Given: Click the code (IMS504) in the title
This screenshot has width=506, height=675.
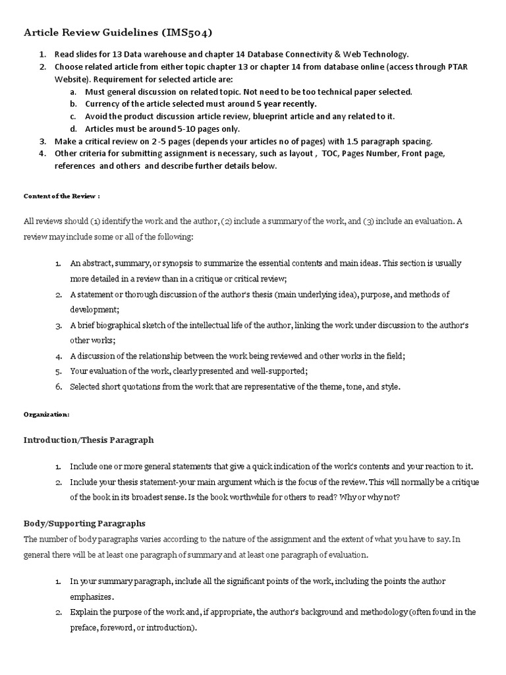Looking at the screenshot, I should tap(186, 32).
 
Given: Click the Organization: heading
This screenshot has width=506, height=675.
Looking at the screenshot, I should tap(46, 415).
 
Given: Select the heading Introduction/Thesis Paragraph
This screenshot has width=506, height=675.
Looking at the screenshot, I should tap(89, 440).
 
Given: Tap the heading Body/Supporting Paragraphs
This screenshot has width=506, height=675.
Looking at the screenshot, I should tap(85, 523).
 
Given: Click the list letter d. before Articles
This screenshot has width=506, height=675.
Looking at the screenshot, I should tap(73, 129).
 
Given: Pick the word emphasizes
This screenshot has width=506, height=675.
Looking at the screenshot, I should tap(92, 597).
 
